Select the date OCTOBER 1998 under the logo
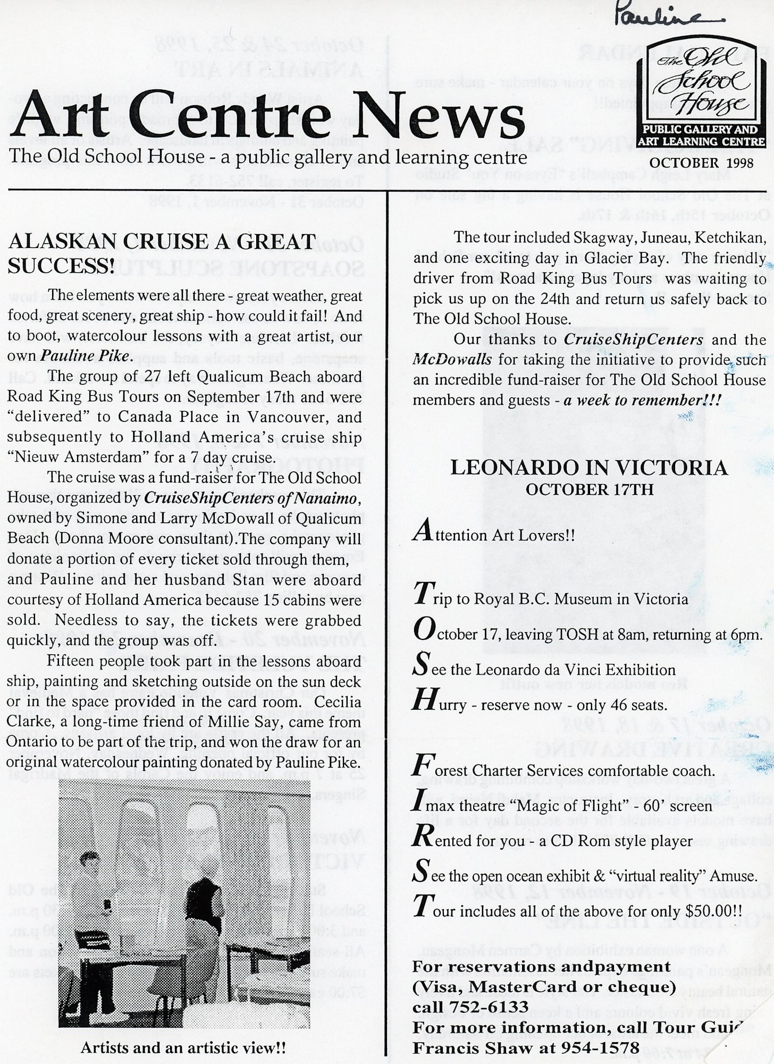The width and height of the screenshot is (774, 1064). click(x=701, y=162)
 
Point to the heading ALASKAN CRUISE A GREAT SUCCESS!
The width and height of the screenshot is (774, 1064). click(x=163, y=253)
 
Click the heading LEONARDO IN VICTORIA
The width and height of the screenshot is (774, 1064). click(x=589, y=468)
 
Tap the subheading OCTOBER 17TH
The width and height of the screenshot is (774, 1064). click(x=590, y=489)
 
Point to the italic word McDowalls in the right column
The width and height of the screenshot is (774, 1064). click(x=452, y=360)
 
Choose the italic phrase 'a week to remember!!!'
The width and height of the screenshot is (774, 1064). click(x=642, y=400)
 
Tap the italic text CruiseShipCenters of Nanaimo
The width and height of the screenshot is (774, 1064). click(x=253, y=498)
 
